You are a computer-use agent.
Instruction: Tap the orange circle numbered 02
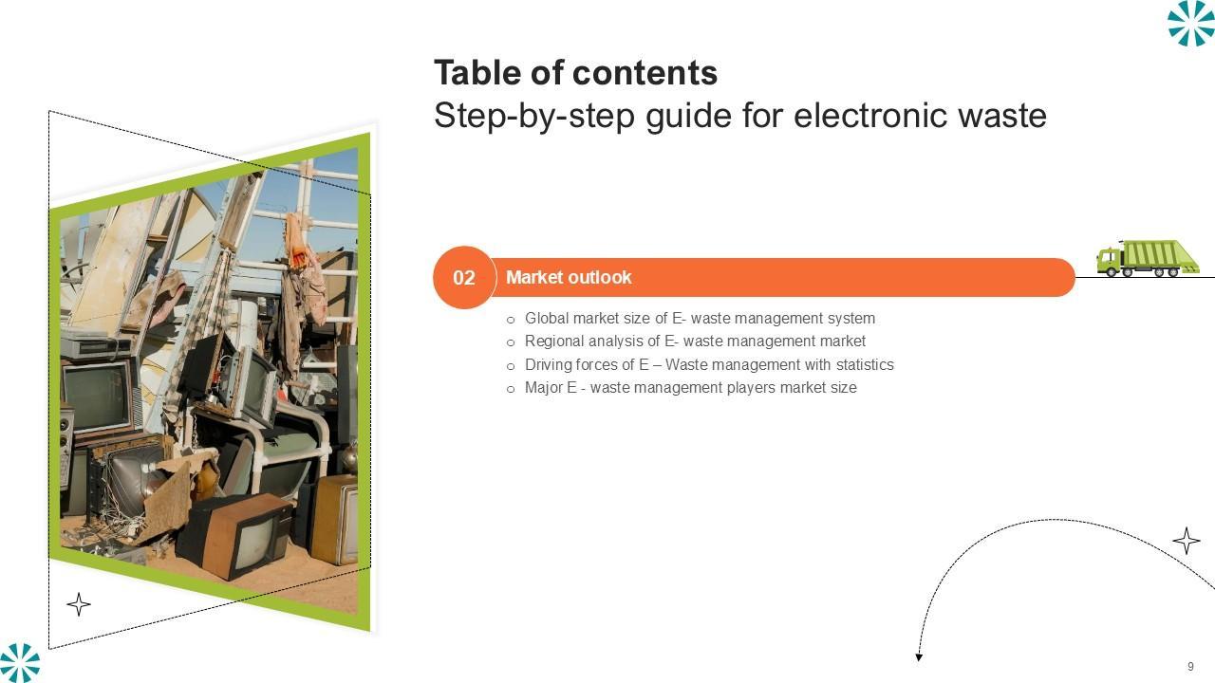[464, 278]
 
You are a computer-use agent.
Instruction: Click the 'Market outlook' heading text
[569, 278]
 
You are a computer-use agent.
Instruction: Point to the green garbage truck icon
[1148, 258]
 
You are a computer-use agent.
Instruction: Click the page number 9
[1190, 666]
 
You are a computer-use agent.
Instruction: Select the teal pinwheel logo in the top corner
[1191, 23]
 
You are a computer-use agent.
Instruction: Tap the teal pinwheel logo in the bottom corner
[20, 663]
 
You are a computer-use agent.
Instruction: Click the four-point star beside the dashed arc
[1187, 541]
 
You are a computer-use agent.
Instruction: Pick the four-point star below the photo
[79, 604]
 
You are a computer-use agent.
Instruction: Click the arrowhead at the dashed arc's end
[919, 657]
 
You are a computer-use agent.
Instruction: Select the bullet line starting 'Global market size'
[690, 318]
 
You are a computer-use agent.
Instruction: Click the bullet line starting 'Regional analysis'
[685, 341]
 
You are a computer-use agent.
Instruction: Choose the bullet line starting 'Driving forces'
[700, 364]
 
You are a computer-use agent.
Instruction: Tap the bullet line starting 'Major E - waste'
[682, 388]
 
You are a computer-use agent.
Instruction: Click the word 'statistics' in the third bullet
[865, 364]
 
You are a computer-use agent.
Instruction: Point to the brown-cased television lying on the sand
[234, 536]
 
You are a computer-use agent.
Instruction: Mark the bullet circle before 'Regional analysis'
[511, 342]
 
